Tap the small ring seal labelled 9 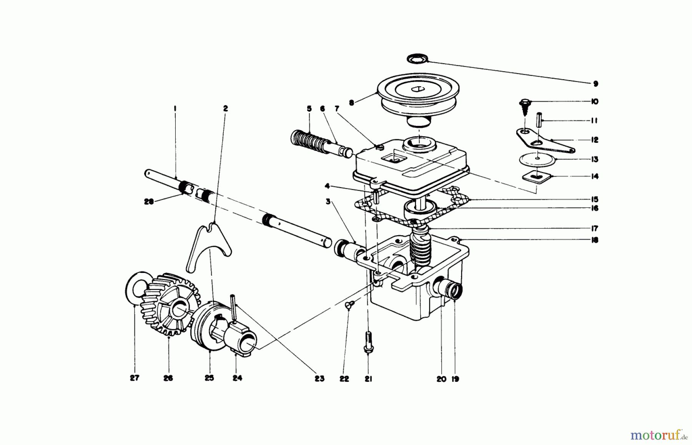(x=417, y=59)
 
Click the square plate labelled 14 (x=537, y=177)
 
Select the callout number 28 (x=148, y=202)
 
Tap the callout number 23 (x=319, y=378)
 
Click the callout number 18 (x=595, y=240)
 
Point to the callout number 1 (x=175, y=109)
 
